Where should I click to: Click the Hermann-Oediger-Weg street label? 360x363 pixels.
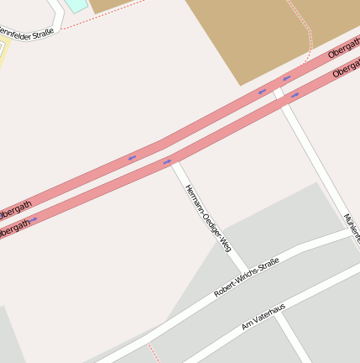206,218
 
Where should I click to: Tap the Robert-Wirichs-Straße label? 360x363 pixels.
246,277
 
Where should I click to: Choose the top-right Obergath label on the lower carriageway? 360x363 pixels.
346,71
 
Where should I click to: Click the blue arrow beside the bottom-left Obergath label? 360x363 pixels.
34,220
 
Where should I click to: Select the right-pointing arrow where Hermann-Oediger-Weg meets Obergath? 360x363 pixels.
168,160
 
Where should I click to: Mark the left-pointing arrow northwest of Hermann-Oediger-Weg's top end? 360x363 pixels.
132,157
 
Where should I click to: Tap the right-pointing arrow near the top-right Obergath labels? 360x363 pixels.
294,96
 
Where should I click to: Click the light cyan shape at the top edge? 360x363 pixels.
76,4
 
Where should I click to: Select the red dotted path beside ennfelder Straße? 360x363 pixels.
84,22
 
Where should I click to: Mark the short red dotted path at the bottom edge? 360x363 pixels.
152,353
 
